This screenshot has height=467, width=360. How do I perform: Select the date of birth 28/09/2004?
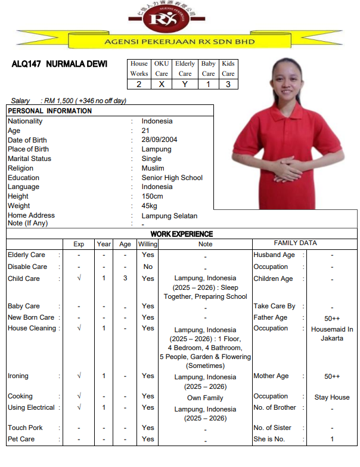159,140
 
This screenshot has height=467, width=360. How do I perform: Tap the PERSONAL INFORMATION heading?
50,111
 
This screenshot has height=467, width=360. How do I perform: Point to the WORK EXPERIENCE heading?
182,234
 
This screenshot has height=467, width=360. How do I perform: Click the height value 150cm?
152,196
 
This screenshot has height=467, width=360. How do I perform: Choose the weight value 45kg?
151,206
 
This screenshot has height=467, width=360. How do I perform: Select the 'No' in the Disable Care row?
148,267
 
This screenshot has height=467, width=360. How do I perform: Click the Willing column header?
148,244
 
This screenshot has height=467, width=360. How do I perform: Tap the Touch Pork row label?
25,428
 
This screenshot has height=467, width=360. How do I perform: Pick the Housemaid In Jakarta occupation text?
332,333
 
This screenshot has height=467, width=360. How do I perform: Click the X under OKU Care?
162,84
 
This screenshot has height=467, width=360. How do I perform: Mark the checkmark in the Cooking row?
79,396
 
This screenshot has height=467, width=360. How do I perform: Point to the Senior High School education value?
172,178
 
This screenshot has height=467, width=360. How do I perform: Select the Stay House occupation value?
332,397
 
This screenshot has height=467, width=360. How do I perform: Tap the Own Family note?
205,398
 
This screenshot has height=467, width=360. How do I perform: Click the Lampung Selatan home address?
169,216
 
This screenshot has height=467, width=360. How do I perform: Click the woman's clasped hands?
285,169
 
